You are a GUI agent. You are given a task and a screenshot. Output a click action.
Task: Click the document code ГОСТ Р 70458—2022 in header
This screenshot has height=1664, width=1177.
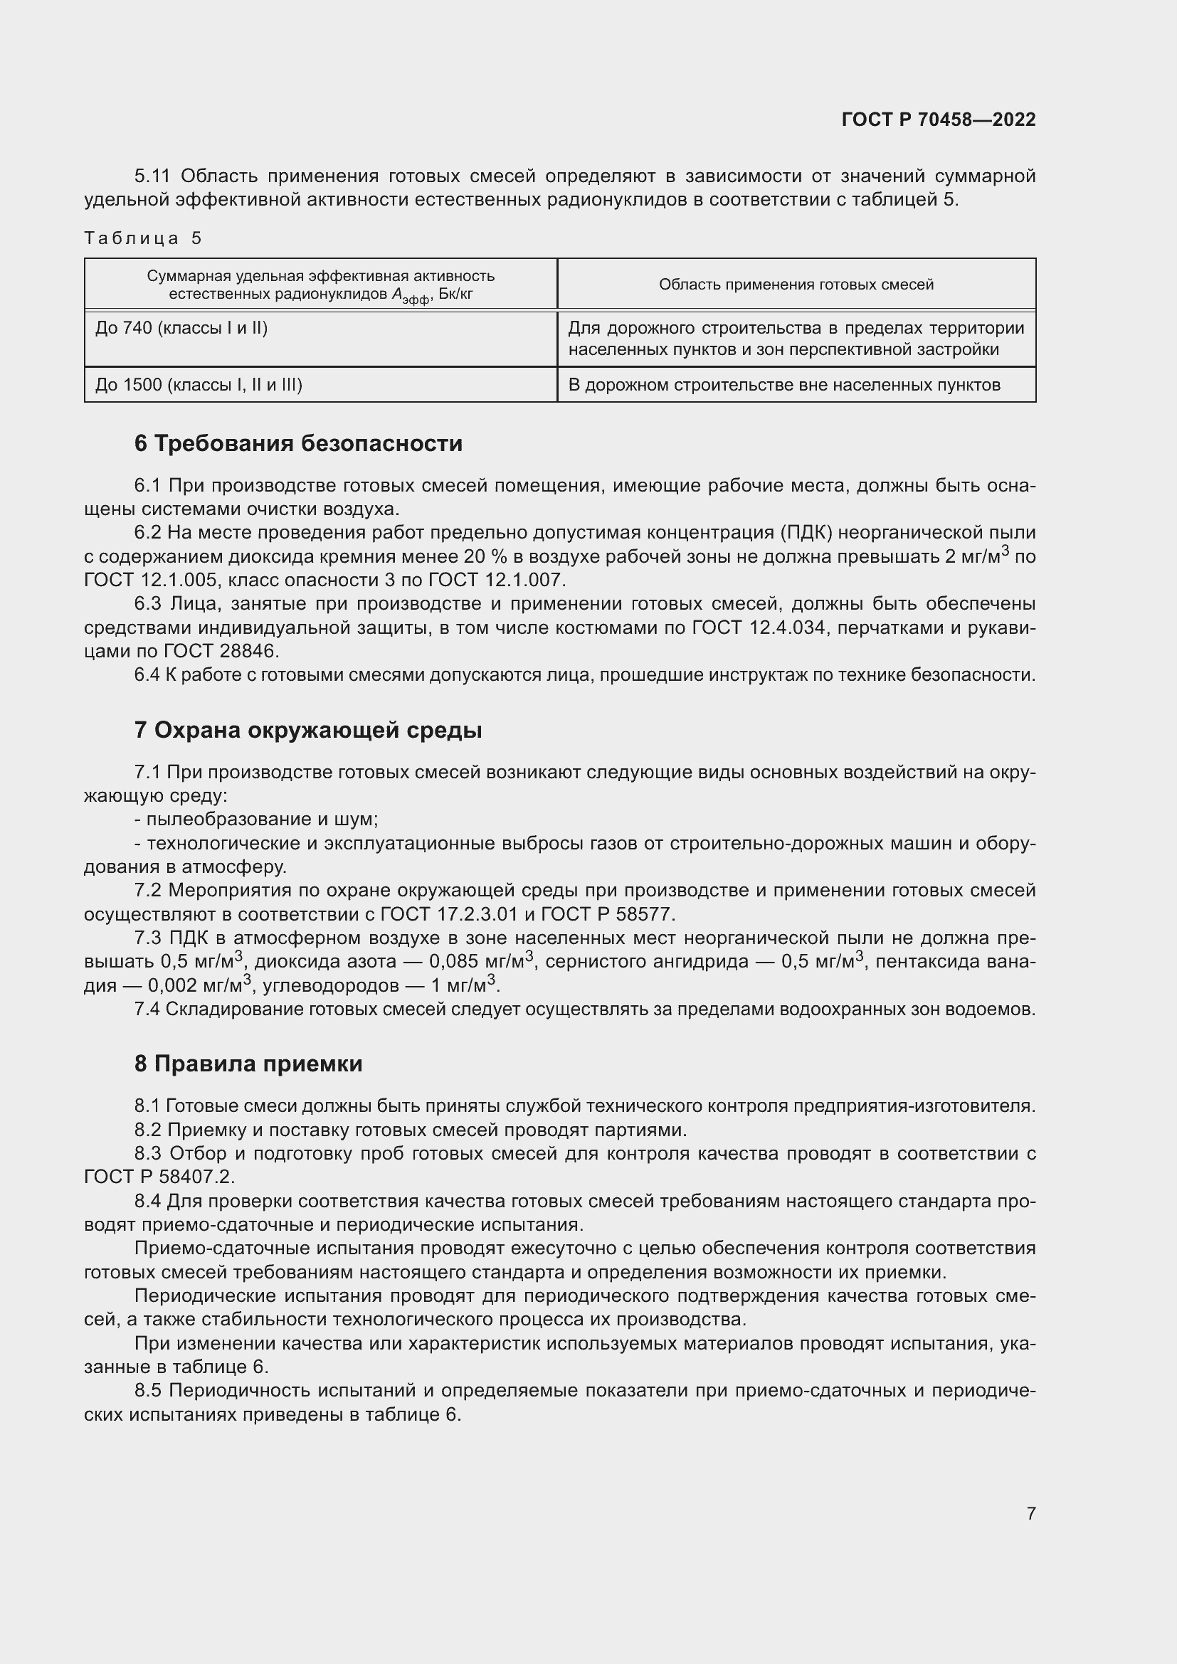[939, 120]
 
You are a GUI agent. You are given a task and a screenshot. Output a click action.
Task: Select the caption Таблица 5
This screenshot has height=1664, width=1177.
[143, 238]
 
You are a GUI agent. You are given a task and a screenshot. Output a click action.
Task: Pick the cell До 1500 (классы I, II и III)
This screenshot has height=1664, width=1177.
[199, 385]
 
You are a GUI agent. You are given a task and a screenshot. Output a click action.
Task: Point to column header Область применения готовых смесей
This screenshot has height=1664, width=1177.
[796, 285]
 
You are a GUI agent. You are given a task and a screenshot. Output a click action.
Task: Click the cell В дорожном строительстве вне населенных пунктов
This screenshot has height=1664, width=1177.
[784, 385]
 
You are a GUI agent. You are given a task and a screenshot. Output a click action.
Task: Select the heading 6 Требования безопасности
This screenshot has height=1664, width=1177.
[298, 443]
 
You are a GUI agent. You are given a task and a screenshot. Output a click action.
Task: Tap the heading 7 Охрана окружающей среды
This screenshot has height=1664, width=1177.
[308, 731]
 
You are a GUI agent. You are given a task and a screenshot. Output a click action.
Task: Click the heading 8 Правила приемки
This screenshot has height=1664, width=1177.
[248, 1064]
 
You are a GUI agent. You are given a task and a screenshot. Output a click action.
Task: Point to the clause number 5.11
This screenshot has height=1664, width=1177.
[152, 176]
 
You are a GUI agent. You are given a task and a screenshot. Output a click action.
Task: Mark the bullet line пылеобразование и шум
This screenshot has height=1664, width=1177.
[257, 820]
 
